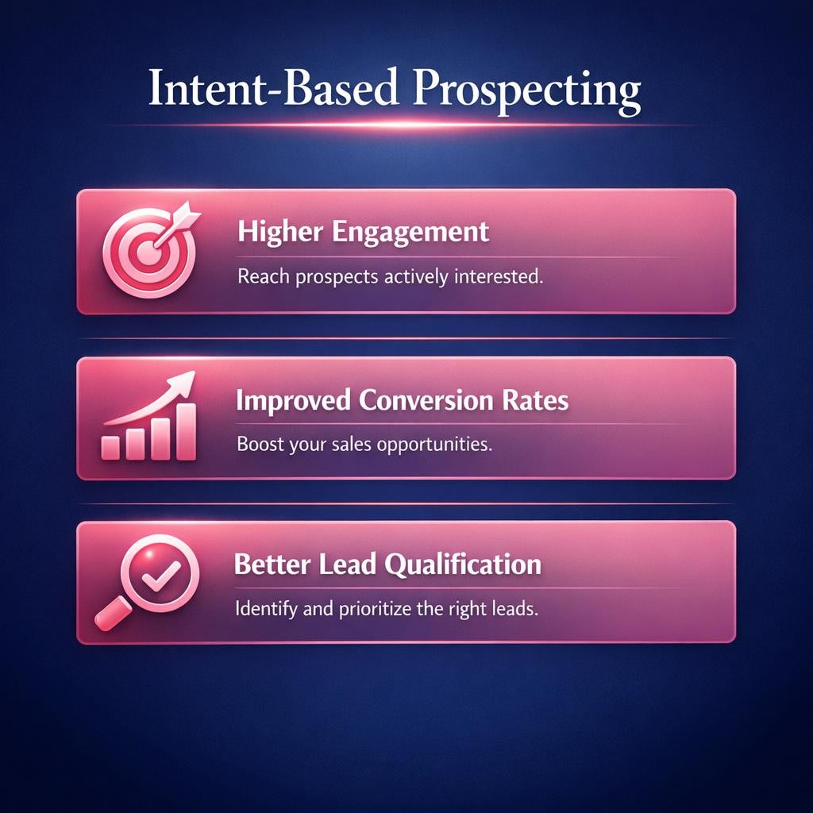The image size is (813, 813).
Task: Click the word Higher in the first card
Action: click(272, 233)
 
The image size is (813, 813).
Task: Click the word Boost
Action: click(259, 444)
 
